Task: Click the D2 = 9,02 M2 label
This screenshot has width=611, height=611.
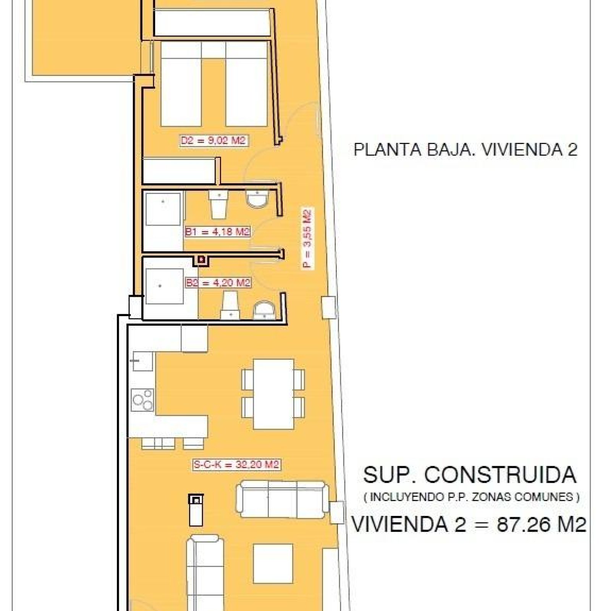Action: (x=213, y=141)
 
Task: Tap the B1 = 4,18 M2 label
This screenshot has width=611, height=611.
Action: (x=217, y=232)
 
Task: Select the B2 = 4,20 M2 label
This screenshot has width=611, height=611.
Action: (x=218, y=283)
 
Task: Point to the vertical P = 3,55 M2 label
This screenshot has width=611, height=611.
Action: (x=307, y=239)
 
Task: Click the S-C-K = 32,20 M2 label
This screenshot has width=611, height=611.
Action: (x=236, y=465)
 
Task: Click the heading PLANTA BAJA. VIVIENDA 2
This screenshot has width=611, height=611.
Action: (x=465, y=149)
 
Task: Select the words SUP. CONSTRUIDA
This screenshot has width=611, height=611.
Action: (x=469, y=475)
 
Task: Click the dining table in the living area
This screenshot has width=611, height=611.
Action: (x=273, y=394)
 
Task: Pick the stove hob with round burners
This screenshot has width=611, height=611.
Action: (x=142, y=400)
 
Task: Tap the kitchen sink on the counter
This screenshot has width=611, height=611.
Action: (x=142, y=361)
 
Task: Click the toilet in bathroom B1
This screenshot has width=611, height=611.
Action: (x=218, y=205)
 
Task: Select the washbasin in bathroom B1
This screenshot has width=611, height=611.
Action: (x=258, y=199)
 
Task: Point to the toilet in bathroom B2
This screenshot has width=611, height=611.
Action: (x=231, y=305)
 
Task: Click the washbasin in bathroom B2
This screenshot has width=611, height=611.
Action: (x=264, y=310)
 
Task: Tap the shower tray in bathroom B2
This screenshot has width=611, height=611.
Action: (x=164, y=286)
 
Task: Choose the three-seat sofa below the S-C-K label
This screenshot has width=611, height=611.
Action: (x=282, y=499)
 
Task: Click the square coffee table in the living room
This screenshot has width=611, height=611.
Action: (x=273, y=564)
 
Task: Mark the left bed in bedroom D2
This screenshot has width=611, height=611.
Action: (x=181, y=84)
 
